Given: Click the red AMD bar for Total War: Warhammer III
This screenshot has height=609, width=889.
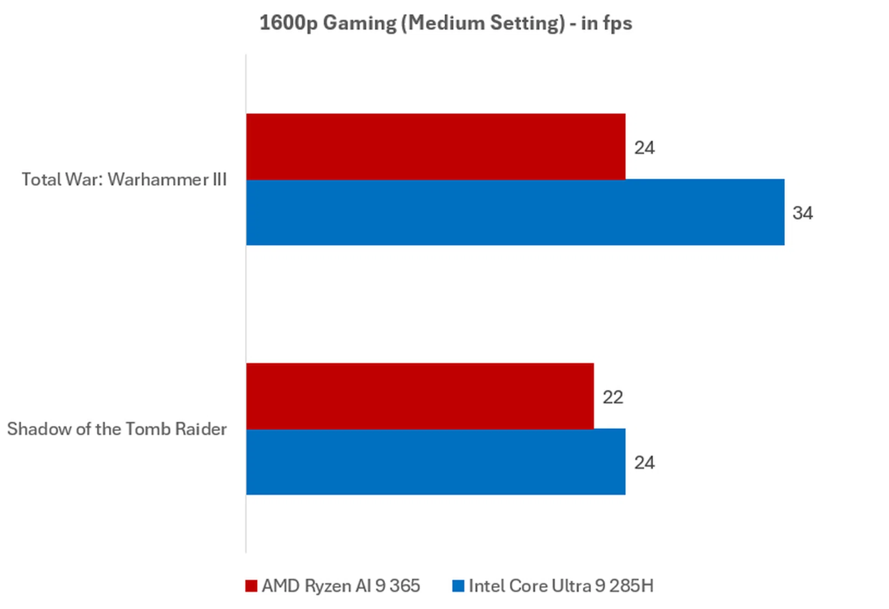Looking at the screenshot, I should click(x=435, y=146).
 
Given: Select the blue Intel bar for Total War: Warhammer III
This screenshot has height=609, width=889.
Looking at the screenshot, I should click(x=515, y=212).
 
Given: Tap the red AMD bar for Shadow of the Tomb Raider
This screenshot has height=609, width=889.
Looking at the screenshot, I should click(x=419, y=396).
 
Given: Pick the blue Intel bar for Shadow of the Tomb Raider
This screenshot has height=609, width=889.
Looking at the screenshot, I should click(x=435, y=462).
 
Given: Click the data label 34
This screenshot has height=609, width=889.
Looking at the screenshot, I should click(x=802, y=213).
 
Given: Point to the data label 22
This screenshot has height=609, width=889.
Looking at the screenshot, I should click(x=613, y=397).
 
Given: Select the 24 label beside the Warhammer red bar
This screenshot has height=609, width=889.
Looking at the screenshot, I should click(x=644, y=148).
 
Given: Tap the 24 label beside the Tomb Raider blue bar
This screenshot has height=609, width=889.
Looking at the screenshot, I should click(x=644, y=463).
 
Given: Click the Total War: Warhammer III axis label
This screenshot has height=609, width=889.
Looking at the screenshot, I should click(x=124, y=180).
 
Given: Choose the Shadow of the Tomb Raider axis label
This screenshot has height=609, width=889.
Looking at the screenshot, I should click(x=117, y=429).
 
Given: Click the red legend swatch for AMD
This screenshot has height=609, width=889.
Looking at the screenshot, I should click(x=251, y=586).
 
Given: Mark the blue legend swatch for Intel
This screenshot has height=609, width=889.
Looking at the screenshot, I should click(x=458, y=586).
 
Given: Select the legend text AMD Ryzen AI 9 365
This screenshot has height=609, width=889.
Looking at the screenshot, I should click(x=341, y=586).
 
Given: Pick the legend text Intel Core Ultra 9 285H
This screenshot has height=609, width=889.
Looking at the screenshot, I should click(x=561, y=586).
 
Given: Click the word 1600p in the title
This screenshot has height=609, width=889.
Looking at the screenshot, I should click(x=288, y=23).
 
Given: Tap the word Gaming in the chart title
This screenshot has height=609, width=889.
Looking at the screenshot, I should click(x=359, y=23).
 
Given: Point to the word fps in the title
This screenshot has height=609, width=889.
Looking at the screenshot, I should click(x=617, y=23).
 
